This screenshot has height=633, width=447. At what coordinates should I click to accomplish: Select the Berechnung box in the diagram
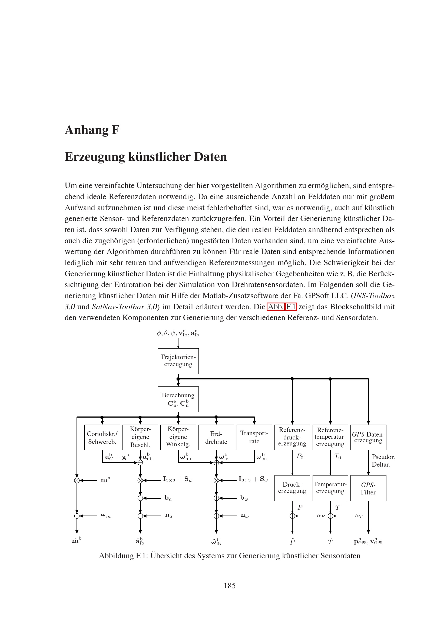[178, 399]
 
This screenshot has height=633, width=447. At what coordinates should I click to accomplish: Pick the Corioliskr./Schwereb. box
[102, 437]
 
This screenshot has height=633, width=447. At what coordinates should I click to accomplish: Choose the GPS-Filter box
[368, 488]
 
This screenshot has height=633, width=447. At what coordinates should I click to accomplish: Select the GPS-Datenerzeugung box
[368, 437]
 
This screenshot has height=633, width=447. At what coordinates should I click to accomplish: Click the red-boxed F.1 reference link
[291, 307]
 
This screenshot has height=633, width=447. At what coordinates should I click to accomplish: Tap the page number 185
[229, 586]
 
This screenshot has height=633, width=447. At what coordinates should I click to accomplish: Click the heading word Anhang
[87, 130]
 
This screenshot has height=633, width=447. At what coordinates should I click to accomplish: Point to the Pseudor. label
[383, 457]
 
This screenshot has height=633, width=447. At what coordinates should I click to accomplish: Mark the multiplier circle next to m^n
[77, 480]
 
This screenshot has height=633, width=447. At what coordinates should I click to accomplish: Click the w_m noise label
[105, 515]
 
